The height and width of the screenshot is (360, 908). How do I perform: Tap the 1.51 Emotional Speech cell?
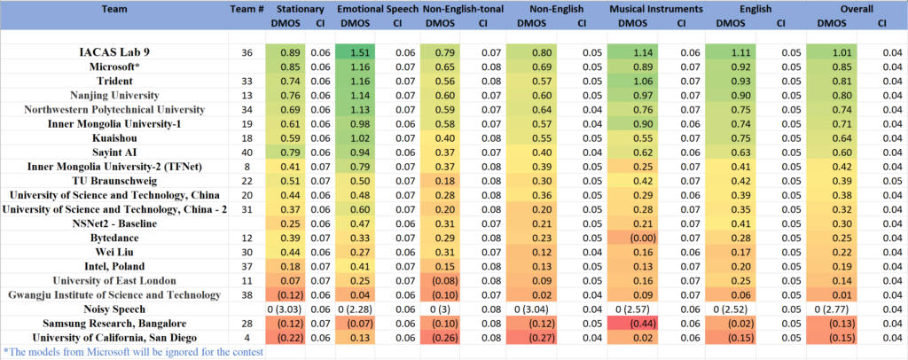pyautogui.click(x=359, y=53)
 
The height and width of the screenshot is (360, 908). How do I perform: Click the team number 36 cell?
pyautogui.click(x=247, y=53)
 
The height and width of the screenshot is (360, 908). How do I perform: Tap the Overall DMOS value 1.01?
pyautogui.click(x=831, y=53)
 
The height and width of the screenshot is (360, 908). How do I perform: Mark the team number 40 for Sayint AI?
pyautogui.click(x=247, y=153)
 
